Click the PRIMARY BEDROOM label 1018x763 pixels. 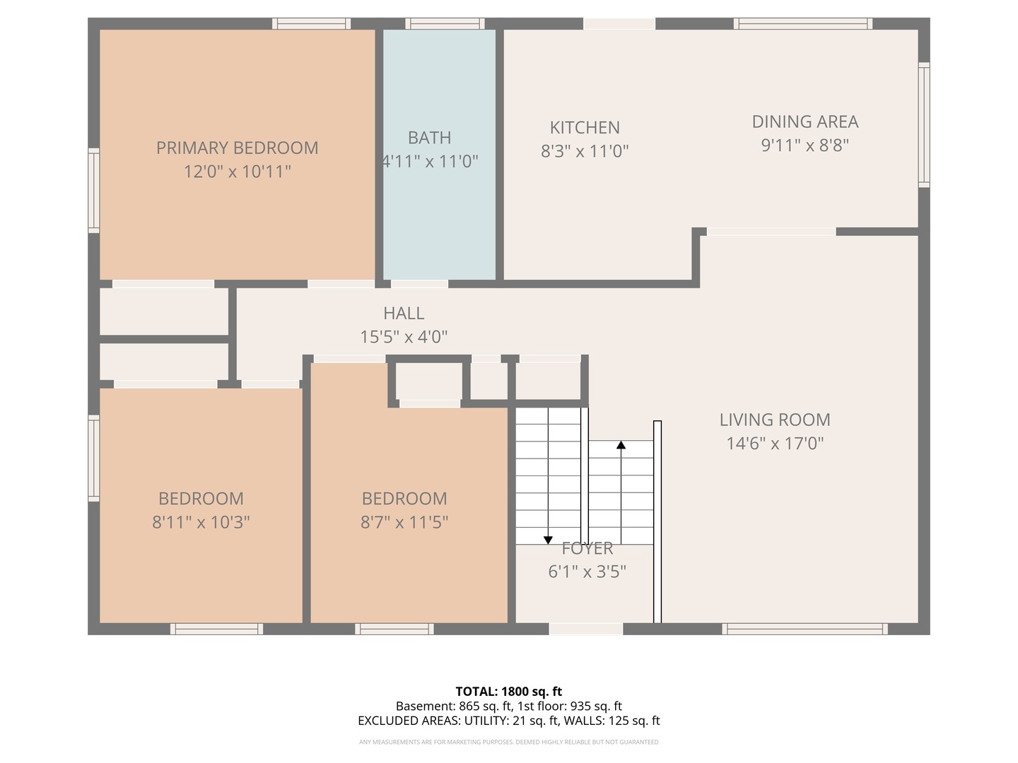237,148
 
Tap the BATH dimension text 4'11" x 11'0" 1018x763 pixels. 429,161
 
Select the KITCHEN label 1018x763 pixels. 585,127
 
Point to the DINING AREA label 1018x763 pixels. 805,122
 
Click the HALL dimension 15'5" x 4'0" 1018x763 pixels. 404,337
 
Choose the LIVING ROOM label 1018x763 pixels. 775,420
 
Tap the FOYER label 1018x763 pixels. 587,548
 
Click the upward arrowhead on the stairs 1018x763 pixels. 621,445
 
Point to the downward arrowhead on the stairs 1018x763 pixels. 548,540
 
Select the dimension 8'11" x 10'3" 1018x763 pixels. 201,522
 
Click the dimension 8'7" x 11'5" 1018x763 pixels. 404,522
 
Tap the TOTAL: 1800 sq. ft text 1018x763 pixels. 509,692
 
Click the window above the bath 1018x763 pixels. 445,23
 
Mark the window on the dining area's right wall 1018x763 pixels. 924,124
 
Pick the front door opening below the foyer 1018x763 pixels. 586,629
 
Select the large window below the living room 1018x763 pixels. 805,629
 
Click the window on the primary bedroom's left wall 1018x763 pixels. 94,191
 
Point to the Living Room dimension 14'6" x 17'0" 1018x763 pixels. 775,444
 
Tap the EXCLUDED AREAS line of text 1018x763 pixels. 509,721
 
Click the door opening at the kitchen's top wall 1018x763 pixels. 619,23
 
